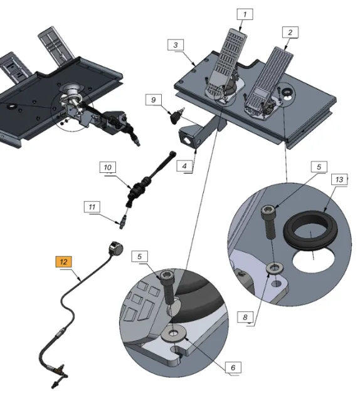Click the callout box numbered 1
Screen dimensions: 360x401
[245, 14]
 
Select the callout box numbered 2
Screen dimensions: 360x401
[290, 32]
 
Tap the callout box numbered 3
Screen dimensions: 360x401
[176, 45]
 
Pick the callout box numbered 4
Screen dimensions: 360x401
[184, 166]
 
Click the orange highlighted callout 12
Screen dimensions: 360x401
[63, 262]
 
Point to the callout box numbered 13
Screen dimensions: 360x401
[339, 179]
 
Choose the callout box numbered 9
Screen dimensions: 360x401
[154, 100]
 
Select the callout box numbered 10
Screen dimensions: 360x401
[107, 167]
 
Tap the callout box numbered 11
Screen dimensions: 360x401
[92, 207]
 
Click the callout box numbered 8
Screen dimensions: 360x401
[245, 317]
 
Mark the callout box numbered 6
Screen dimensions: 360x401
[233, 367]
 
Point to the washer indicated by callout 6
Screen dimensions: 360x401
[173, 333]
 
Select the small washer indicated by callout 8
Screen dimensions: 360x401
[275, 268]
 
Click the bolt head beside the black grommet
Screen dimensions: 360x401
[268, 211]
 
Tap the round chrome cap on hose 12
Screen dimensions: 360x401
[116, 248]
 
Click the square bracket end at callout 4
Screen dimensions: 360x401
[188, 137]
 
